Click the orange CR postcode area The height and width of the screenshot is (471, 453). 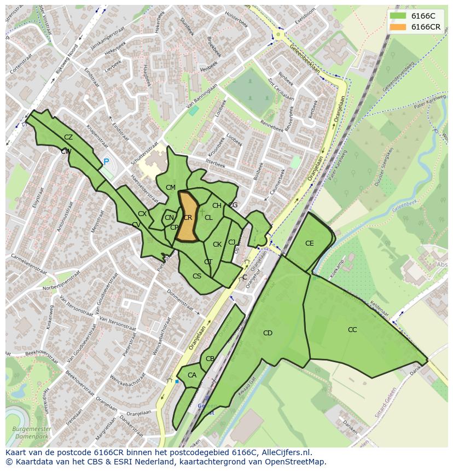(188, 217)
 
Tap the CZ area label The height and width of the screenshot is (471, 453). (68, 137)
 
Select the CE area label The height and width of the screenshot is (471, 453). (310, 243)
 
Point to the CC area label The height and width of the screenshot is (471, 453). (352, 330)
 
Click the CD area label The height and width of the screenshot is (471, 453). (268, 333)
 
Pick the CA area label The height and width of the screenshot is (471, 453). (192, 375)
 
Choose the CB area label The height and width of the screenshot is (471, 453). (210, 359)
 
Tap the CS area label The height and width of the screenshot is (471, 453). (197, 276)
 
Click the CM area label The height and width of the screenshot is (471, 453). (171, 188)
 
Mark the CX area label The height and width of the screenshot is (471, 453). (142, 214)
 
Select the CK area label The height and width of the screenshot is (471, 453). (217, 245)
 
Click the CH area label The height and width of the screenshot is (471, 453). (217, 206)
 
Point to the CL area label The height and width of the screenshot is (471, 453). (208, 218)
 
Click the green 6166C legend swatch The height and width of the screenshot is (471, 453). (398, 16)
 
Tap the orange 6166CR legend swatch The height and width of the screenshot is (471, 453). (398, 27)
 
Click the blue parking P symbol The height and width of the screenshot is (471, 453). (106, 162)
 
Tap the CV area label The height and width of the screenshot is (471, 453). (136, 225)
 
